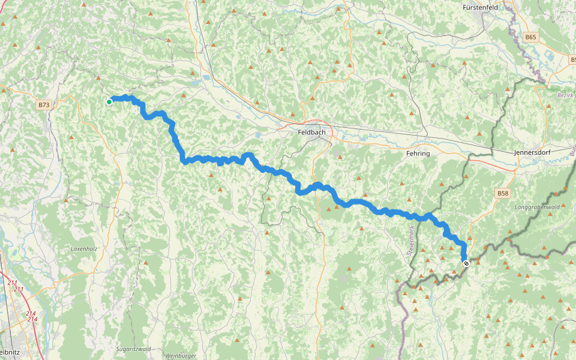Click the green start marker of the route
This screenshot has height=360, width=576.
(x=109, y=102)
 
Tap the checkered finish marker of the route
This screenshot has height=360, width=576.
(x=466, y=263)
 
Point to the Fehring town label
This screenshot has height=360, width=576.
(x=418, y=154)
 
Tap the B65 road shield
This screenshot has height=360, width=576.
(x=530, y=37)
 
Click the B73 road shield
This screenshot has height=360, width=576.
(x=44, y=105)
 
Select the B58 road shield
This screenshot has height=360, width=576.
(x=502, y=193)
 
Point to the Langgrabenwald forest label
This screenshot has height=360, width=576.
(x=536, y=207)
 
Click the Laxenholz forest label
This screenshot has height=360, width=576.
(x=83, y=248)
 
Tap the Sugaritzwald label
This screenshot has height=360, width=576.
(x=135, y=349)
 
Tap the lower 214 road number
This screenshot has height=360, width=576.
(x=32, y=319)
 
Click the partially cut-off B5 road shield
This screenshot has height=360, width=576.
(x=572, y=61)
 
